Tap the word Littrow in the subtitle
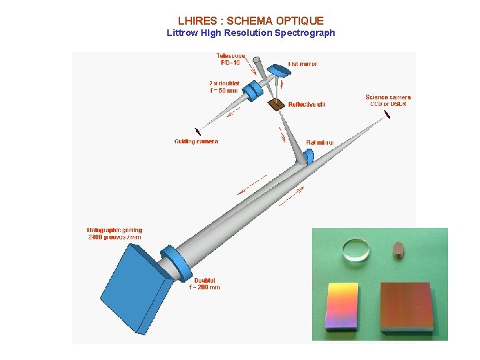[x=181, y=33]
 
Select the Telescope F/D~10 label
[x=230, y=59]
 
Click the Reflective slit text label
[x=307, y=104]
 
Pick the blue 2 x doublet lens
[x=252, y=91]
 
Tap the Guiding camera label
[x=196, y=141]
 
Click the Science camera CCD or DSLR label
[x=388, y=101]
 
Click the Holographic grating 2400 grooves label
[x=115, y=233]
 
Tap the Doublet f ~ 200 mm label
[x=204, y=283]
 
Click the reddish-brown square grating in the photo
[x=405, y=306]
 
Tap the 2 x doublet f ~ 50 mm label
[x=223, y=87]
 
